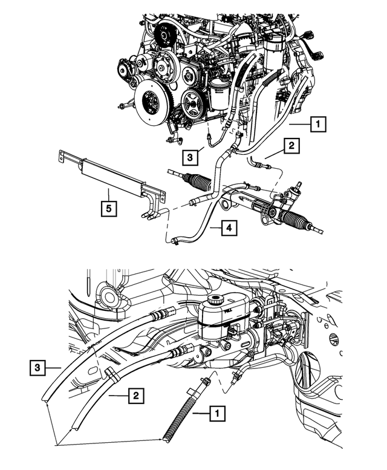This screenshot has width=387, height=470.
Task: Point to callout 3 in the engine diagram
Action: coord(190,157)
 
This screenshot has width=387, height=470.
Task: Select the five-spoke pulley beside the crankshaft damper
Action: coord(193,109)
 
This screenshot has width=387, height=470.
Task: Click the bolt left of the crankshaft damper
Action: coord(123,107)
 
